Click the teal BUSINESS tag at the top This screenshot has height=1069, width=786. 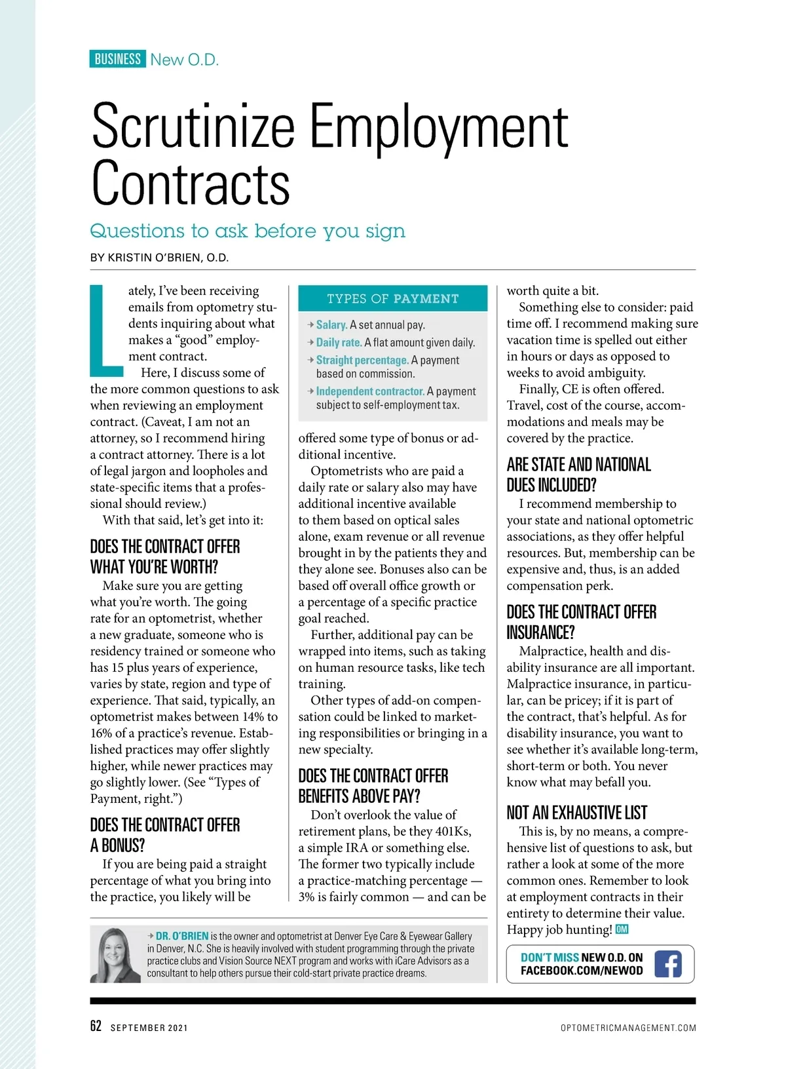coord(117,59)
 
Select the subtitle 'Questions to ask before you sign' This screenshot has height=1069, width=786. coord(248,231)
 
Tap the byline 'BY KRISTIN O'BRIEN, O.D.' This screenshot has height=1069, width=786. coord(159,258)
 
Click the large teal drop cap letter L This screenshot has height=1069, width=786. coord(106,330)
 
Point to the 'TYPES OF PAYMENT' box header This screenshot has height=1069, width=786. coord(393,298)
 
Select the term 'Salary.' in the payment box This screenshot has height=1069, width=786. coord(331,324)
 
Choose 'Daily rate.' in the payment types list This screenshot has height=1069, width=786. coord(339,342)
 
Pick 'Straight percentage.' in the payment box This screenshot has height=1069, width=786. coord(362,360)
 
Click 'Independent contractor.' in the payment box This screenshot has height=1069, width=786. coord(370,391)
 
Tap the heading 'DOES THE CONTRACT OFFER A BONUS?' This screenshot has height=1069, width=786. coord(165,834)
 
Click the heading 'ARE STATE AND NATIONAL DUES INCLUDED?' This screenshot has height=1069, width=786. coord(578,475)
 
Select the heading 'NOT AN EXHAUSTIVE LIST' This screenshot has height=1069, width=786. coord(576,813)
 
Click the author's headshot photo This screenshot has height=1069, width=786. coord(115,955)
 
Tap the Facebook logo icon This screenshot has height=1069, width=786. coord(667,963)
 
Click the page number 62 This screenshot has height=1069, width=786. coord(96,1026)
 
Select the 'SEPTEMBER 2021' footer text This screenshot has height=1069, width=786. coord(149,1028)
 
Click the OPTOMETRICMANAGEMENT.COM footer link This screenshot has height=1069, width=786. coord(628,1028)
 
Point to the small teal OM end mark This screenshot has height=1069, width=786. coord(622,929)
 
